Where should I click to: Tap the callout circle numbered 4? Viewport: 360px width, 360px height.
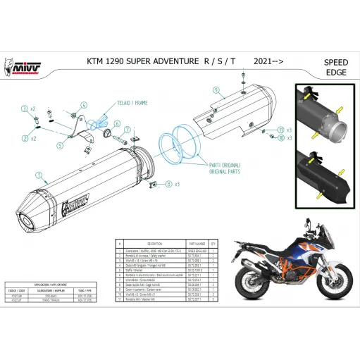pos(82,105)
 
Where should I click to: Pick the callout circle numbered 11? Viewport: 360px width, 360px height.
pos(280,130)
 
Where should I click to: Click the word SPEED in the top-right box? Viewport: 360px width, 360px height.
pos(335,62)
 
